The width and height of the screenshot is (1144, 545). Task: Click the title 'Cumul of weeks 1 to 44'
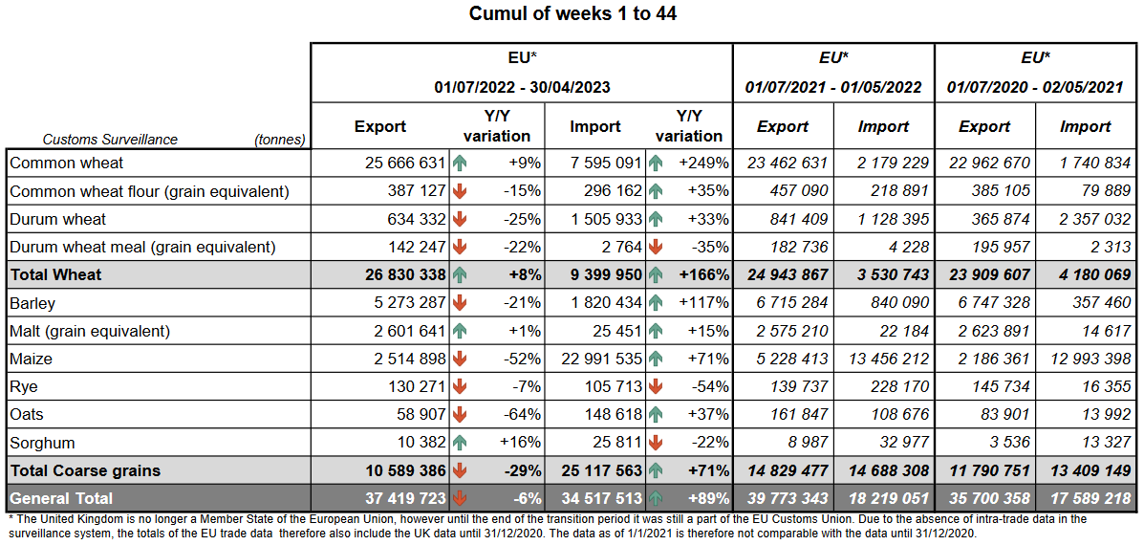(572, 14)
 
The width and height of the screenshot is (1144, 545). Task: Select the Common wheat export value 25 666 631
(406, 163)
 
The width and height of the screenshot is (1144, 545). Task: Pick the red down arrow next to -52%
(461, 360)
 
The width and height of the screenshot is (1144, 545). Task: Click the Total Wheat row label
(55, 275)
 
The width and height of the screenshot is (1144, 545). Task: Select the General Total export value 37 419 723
(405, 498)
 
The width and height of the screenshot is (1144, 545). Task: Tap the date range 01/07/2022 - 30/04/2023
(522, 87)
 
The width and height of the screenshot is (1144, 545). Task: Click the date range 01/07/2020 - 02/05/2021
(1034, 87)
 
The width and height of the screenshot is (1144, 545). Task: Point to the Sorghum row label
(42, 444)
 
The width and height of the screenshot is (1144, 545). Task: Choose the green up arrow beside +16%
(461, 444)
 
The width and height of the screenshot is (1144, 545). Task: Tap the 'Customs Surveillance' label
(110, 140)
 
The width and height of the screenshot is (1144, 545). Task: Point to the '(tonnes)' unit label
(279, 140)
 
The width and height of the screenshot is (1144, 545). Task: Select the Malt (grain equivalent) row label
(90, 332)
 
